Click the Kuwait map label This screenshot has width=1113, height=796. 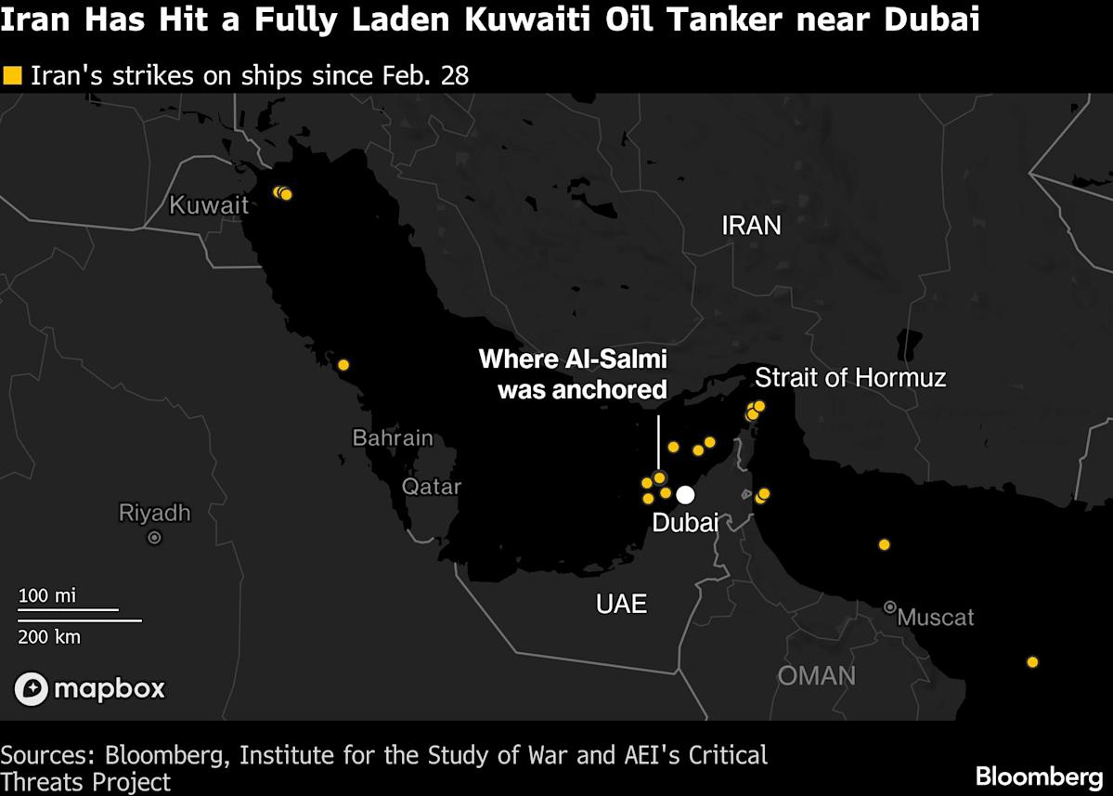[209, 204]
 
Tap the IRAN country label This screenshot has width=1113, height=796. [751, 225]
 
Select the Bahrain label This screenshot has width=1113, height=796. [392, 437]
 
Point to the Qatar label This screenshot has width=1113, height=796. [431, 486]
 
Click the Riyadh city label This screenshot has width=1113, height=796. [154, 513]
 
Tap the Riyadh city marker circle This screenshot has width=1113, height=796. [155, 537]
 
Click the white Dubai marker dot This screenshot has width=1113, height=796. [685, 495]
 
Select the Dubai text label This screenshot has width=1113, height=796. [685, 523]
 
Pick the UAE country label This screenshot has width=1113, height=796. [621, 604]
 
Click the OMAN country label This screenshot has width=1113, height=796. [816, 675]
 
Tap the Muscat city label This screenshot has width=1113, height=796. [936, 617]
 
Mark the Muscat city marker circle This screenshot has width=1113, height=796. [889, 607]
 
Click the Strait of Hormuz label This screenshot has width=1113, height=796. [850, 377]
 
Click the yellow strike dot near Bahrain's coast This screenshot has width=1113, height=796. [343, 365]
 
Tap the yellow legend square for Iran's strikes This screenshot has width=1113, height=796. [12, 75]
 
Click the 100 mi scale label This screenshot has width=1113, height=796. [47, 595]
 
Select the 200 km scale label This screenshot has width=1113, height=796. [50, 636]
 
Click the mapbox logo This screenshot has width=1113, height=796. [90, 688]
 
